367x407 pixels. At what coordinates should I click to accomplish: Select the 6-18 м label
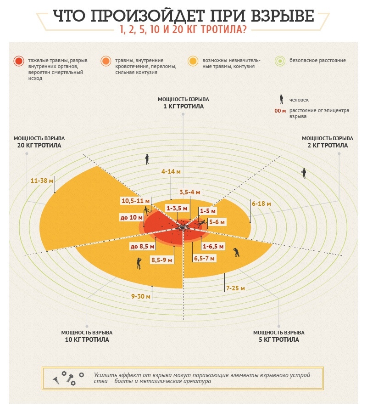click(261, 203)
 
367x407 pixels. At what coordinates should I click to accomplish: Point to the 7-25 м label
click(235, 288)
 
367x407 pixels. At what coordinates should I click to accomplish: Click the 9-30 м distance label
click(141, 296)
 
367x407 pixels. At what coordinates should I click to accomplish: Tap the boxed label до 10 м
click(130, 218)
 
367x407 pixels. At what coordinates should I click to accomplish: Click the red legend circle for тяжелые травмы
click(19, 61)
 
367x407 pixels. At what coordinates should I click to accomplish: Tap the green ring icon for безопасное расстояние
click(280, 61)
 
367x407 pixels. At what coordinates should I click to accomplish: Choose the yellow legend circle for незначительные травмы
click(193, 61)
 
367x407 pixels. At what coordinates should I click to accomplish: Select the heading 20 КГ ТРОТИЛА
click(39, 145)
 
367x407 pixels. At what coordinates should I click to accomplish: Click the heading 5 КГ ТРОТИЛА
click(278, 339)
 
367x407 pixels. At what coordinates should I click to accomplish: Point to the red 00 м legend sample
click(280, 111)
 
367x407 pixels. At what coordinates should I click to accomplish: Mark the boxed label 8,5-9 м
click(161, 260)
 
